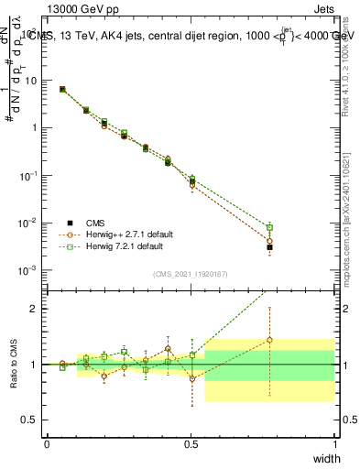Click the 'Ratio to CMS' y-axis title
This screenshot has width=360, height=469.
coord(12,364)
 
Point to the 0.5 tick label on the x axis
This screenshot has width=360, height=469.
coord(191,443)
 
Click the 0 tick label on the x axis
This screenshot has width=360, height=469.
coord(47,443)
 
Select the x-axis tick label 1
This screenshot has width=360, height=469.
coord(334,443)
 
